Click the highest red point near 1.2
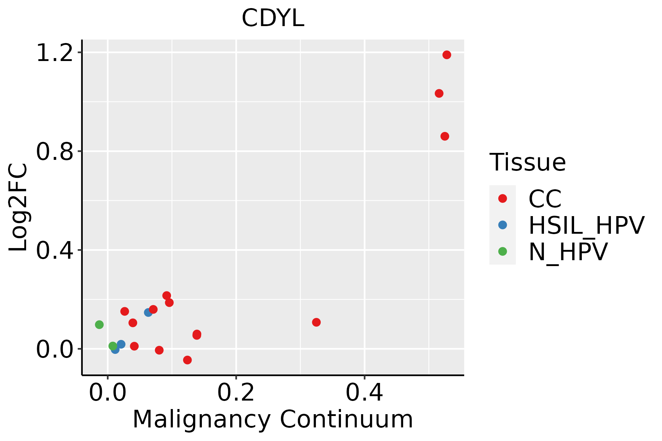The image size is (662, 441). [446, 55]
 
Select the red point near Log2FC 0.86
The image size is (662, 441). [445, 136]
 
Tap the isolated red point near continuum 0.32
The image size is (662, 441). [316, 322]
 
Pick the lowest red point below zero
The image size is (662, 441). [187, 360]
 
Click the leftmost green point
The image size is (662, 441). [99, 325]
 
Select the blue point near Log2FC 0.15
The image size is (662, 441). [148, 312]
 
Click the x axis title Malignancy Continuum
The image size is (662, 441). [273, 419]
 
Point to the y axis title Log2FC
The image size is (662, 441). [18, 207]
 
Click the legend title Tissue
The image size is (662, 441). [527, 162]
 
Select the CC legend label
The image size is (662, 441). [545, 199]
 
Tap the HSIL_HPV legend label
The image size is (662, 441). [586, 225]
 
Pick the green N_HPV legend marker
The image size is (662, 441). [502, 251]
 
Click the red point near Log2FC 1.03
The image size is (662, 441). [439, 93]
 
